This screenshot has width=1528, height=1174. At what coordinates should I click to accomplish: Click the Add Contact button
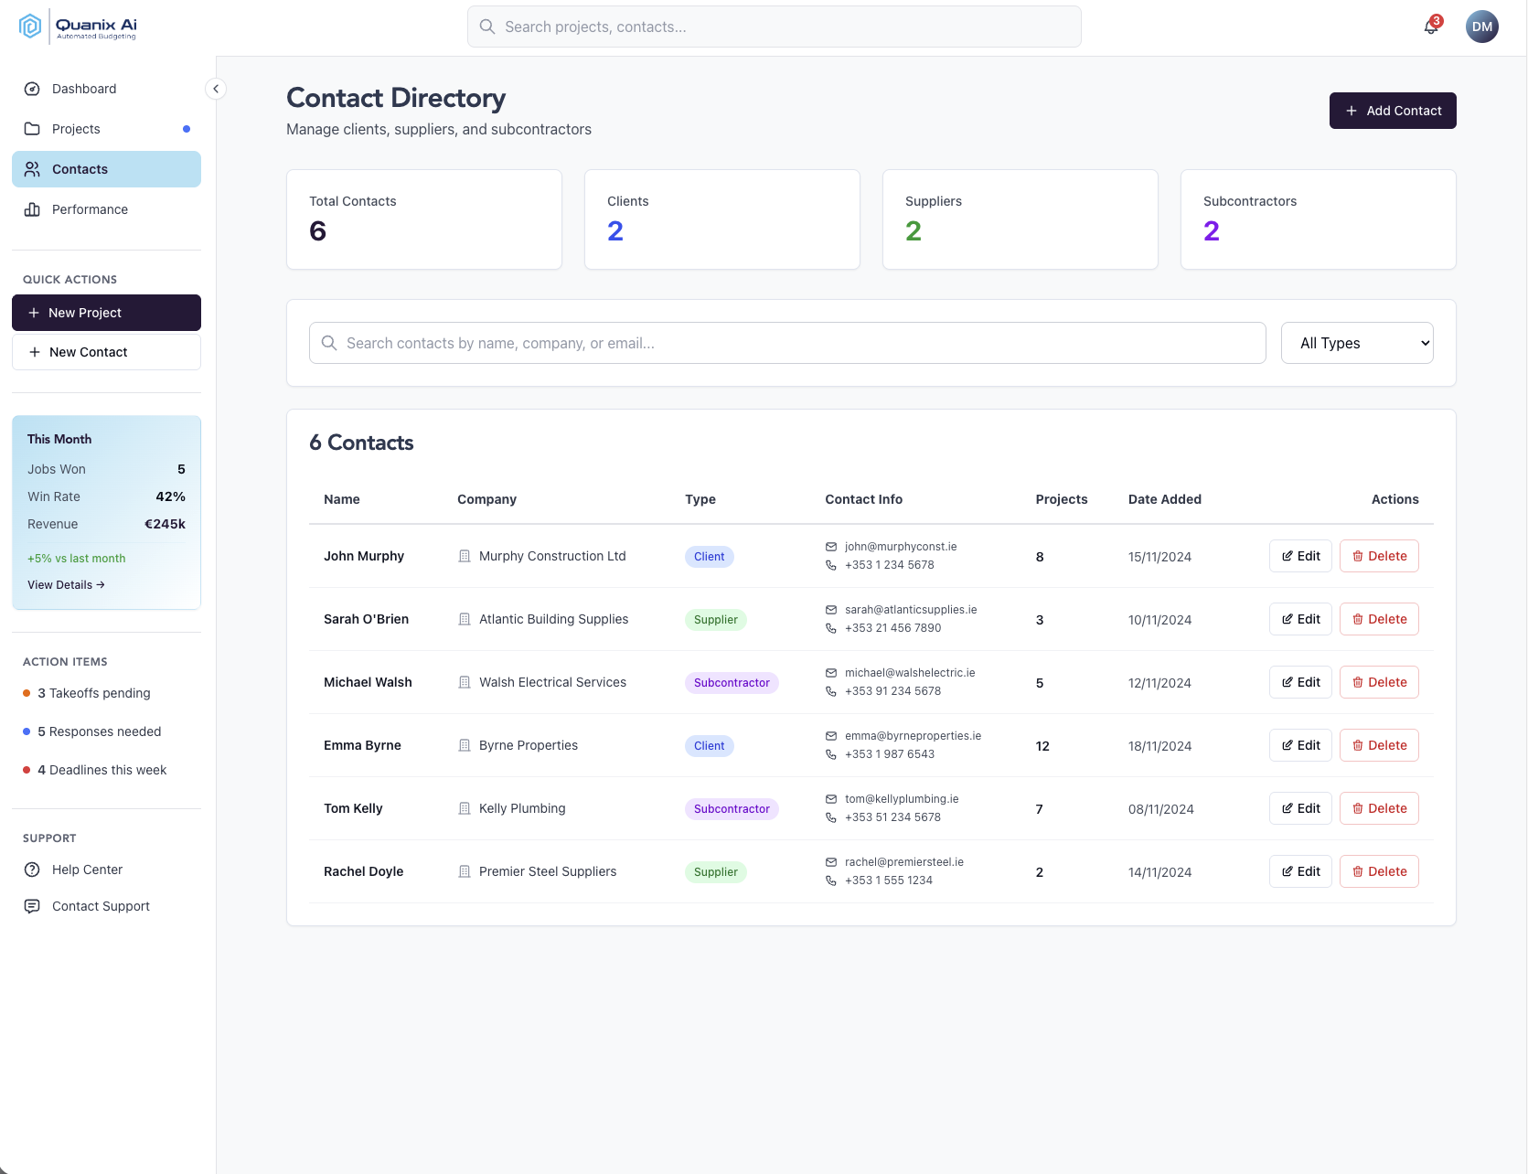tap(1392, 111)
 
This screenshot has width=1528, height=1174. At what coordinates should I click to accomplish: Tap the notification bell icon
tap(1431, 27)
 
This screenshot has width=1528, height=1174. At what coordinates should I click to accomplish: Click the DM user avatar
tap(1481, 27)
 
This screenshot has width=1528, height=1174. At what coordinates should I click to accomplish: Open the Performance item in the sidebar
tap(90, 209)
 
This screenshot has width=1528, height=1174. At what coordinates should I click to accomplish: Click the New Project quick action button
tap(106, 313)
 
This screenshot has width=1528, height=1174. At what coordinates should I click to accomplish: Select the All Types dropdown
tap(1356, 343)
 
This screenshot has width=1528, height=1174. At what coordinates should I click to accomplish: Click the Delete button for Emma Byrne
tap(1378, 745)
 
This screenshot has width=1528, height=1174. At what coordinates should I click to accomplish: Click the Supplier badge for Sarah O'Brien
tap(715, 620)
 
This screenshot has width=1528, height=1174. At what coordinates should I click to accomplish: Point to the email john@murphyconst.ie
tap(900, 547)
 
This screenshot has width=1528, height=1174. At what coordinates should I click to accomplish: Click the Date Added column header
tap(1164, 499)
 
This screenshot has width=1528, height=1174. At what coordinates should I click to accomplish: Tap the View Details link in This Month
tap(66, 585)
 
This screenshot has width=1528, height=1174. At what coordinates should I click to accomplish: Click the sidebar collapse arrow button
tap(216, 89)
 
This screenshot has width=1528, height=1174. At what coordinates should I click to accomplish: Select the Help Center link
tap(87, 870)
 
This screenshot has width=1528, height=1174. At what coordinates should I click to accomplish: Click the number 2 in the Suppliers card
tap(913, 231)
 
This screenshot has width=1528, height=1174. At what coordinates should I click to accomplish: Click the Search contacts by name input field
tap(786, 343)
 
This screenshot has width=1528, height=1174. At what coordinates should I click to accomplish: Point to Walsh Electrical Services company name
tap(552, 682)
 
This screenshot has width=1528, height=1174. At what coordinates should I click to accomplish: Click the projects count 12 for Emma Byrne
tap(1042, 746)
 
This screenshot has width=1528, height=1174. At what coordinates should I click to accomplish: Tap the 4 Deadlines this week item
tap(102, 770)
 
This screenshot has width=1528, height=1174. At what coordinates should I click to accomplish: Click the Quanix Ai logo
tap(78, 27)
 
